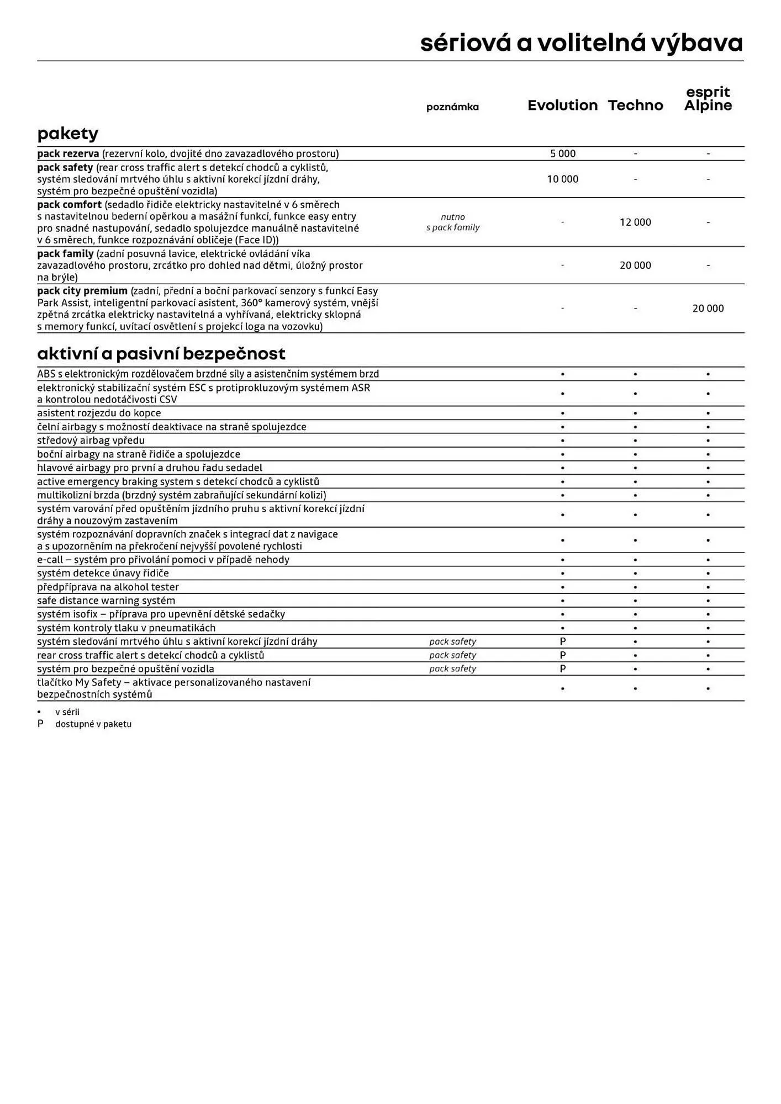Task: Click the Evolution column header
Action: (562, 105)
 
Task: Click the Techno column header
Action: (635, 105)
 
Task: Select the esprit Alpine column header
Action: (708, 99)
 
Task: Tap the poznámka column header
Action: (452, 107)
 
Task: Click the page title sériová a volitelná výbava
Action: (581, 43)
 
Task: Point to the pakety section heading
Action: (68, 134)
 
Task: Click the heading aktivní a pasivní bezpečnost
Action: (161, 353)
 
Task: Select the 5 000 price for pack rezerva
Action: (562, 154)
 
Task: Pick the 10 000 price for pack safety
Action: (562, 179)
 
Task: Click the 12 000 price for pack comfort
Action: (635, 222)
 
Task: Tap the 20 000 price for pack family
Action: (635, 266)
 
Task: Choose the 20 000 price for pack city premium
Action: (708, 309)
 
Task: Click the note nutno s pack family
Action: (452, 222)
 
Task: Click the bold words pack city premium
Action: (82, 291)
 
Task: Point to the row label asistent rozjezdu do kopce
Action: (99, 413)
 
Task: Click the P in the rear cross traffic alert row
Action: (562, 655)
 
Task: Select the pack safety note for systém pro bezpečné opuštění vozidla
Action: (452, 668)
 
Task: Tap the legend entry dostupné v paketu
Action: (93, 724)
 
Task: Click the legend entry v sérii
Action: (67, 712)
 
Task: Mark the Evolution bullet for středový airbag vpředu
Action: (562, 440)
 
